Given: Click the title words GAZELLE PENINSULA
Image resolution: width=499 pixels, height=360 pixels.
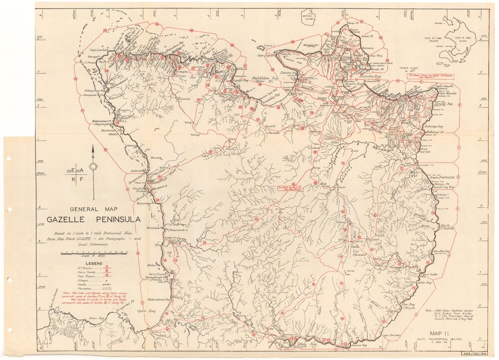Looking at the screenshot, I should (x=93, y=219).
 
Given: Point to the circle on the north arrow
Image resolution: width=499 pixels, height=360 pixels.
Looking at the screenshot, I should (x=93, y=167).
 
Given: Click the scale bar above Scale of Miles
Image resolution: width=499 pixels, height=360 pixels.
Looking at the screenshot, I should (x=93, y=253).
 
